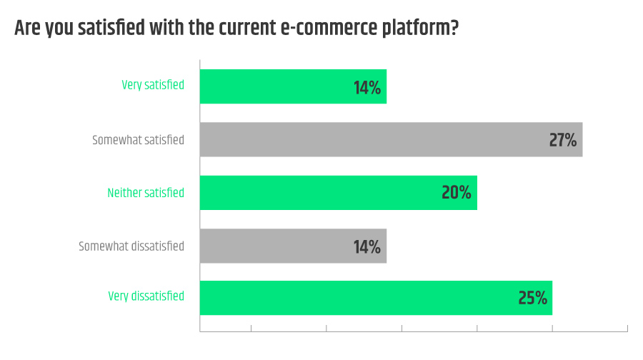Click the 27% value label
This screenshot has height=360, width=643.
click(x=563, y=140)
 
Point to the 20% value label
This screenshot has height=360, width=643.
click(x=457, y=193)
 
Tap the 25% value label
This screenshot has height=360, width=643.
click(x=532, y=298)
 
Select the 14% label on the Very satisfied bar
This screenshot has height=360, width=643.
click(x=367, y=88)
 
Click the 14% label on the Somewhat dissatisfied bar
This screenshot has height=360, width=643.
click(x=367, y=247)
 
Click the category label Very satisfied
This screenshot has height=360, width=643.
click(x=153, y=85)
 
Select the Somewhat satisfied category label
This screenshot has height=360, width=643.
click(x=138, y=140)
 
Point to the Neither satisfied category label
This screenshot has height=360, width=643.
click(x=146, y=193)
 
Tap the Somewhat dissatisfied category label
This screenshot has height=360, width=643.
click(x=131, y=246)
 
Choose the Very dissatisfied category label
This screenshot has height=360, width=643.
click(x=146, y=296)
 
